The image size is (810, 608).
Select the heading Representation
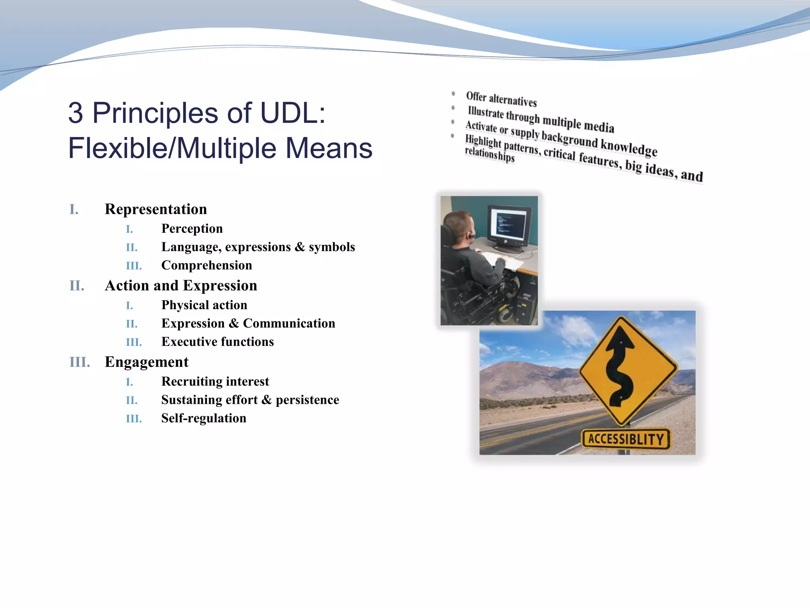pyautogui.click(x=156, y=209)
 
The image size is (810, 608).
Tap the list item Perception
pyautogui.click(x=192, y=229)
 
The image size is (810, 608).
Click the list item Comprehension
pyautogui.click(x=206, y=265)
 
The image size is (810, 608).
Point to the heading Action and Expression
pyautogui.click(x=181, y=285)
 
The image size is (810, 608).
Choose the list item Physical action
pyautogui.click(x=204, y=305)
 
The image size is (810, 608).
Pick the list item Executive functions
pyautogui.click(x=218, y=342)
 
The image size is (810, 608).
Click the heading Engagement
pyautogui.click(x=146, y=362)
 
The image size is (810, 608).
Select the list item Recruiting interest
pyautogui.click(x=215, y=381)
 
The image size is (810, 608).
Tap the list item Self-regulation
pyautogui.click(x=204, y=418)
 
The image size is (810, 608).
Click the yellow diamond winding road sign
pyautogui.click(x=628, y=370)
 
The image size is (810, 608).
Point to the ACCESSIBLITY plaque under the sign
pyautogui.click(x=626, y=439)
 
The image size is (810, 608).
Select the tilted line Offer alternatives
pyautogui.click(x=501, y=99)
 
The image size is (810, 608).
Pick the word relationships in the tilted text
pyautogui.click(x=490, y=154)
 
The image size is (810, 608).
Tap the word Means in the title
pyautogui.click(x=329, y=148)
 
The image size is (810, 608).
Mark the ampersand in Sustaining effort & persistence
pyautogui.click(x=267, y=400)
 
